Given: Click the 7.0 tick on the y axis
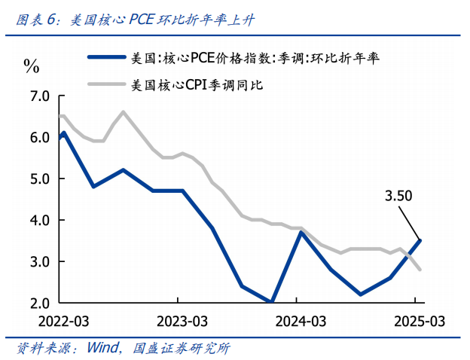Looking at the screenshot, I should [x=38, y=96].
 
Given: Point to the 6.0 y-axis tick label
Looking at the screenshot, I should [x=38, y=138].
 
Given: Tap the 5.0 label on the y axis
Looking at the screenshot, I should [x=38, y=179].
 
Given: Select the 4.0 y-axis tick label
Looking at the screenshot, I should [x=38, y=221].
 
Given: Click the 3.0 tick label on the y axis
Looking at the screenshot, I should [x=38, y=262].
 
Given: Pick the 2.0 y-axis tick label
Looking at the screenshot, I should [x=38, y=304].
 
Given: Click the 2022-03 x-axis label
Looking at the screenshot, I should [x=63, y=320].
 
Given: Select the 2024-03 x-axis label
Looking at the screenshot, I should [x=300, y=320].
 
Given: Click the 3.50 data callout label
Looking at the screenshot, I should [x=399, y=197].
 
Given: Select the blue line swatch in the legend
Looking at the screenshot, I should [x=106, y=56].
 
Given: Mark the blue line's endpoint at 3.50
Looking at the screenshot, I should [x=420, y=240].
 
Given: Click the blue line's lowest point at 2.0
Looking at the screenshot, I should [x=271, y=303].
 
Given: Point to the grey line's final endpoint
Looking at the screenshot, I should [x=420, y=270].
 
